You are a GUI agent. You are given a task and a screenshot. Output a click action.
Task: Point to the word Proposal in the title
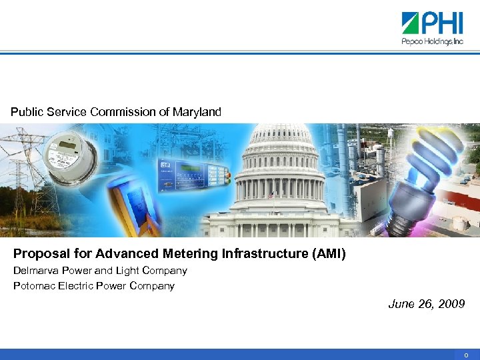click(39, 253)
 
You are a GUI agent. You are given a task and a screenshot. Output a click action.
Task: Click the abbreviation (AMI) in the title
click(327, 253)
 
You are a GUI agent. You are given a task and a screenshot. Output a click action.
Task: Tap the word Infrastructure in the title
click(263, 253)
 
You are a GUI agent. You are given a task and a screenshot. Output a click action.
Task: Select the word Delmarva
click(34, 271)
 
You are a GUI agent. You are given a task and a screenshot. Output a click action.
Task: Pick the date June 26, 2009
click(427, 304)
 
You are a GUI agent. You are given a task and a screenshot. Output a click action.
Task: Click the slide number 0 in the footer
click(467, 355)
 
